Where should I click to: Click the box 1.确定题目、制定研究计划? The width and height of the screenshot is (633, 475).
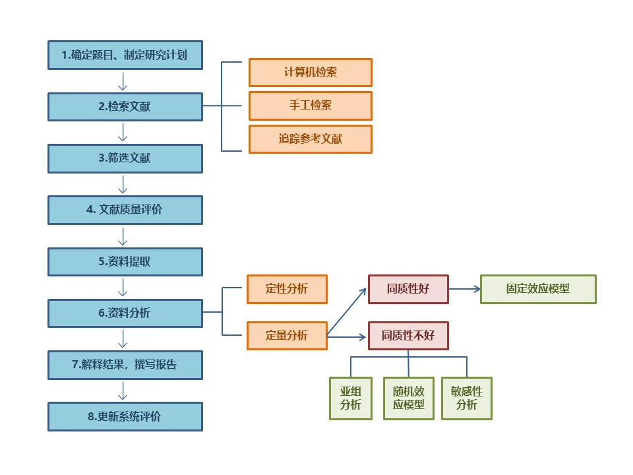coord(125,55)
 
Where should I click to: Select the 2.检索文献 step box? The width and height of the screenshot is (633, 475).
coord(125,106)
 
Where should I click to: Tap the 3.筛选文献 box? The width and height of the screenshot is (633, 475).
coord(125,158)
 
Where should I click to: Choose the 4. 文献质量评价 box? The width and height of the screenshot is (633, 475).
coord(125,210)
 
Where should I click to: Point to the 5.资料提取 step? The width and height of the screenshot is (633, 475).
coord(125,261)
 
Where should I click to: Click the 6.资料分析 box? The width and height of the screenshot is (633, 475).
coord(125,313)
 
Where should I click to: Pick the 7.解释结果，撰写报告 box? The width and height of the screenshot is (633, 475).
coord(125,364)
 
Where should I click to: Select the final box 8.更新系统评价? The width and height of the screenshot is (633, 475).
coord(125,416)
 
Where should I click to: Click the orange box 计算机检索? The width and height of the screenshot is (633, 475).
coord(310,73)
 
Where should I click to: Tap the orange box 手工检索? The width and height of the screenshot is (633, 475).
coord(310,106)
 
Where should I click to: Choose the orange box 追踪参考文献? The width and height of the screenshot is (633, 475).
coord(310,139)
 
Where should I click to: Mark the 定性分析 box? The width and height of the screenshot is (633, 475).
coord(287,289)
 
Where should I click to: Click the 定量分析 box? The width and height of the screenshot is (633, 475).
coord(287,335)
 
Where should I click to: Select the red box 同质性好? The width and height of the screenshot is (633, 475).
coord(408,289)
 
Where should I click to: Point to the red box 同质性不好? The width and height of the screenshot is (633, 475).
coord(408,336)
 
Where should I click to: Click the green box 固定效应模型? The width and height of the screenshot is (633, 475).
coord(538,289)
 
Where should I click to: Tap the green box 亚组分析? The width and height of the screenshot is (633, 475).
coord(351,398)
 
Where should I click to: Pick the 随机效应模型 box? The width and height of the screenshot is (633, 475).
coord(409,398)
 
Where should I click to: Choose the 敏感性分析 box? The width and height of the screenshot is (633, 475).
coord(467,398)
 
